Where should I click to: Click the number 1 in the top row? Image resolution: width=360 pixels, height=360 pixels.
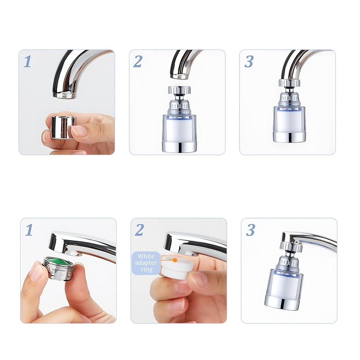(x=28, y=62)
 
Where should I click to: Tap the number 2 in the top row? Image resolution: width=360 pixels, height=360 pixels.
(x=138, y=62)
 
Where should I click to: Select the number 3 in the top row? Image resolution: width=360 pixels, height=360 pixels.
(x=249, y=62)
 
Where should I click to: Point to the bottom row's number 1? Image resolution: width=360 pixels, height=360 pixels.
(x=29, y=230)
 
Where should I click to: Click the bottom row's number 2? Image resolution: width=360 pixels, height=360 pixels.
(x=139, y=230)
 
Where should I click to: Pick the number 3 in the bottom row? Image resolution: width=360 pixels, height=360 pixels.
(x=250, y=230)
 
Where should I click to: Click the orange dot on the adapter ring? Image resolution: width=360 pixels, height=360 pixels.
(x=175, y=261)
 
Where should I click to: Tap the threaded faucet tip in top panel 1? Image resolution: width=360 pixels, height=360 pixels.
(x=63, y=95)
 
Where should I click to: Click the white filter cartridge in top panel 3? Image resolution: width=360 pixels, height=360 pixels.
(x=289, y=119)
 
